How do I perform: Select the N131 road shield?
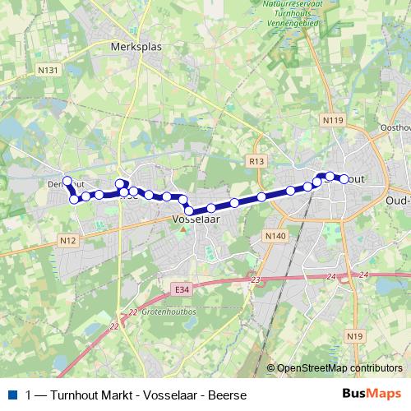pos(48,71)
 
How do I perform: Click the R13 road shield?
pos(257,162)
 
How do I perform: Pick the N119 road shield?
pos(333,121)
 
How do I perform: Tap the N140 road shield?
pos(275,236)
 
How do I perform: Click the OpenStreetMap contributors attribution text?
pos(339,367)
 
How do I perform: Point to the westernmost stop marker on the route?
pos(67,181)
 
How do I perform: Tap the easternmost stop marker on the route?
pos(344,178)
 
